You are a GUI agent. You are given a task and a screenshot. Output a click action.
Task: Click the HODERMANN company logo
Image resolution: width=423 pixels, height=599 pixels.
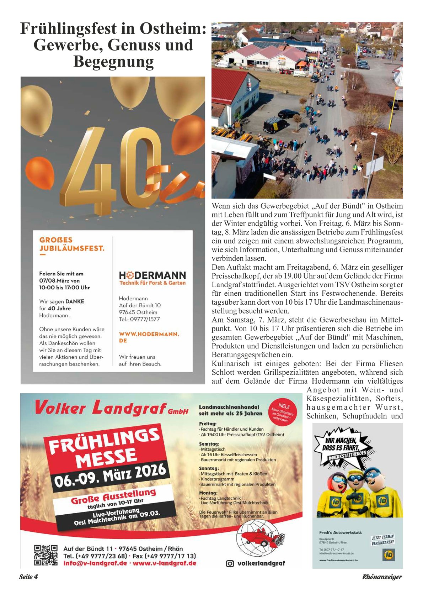tap(152, 275)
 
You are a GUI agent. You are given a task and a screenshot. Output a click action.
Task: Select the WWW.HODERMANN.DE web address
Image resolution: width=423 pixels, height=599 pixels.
tap(149, 337)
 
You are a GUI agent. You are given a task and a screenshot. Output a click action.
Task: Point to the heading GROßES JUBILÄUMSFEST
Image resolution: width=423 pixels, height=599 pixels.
tap(72, 244)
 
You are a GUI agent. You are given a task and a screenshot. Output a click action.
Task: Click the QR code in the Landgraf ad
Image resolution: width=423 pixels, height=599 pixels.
tap(45, 555)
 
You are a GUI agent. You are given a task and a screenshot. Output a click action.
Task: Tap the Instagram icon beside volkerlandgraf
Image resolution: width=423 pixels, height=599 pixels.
tap(230, 563)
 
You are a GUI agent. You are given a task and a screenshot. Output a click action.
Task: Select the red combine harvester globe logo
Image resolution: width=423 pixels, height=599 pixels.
tap(261, 537)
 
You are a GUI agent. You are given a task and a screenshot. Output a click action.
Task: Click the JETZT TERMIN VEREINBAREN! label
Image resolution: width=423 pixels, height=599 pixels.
tap(383, 540)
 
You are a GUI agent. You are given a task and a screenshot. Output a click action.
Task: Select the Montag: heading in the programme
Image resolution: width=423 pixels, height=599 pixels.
tap(208, 493)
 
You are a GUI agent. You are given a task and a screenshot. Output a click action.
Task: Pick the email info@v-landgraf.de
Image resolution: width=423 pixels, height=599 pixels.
tap(95, 563)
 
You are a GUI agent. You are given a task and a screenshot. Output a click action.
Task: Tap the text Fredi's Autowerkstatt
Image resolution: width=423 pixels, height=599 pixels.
tap(340, 532)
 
